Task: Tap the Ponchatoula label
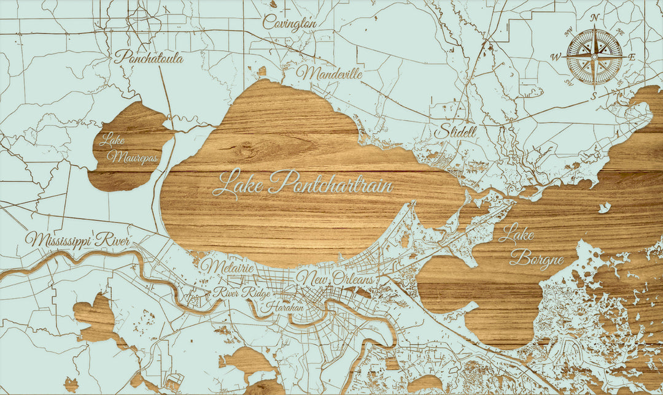click(x=149, y=58)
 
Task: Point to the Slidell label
click(x=456, y=132)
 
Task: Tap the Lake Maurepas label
click(x=125, y=150)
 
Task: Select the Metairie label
click(x=228, y=267)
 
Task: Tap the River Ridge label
click(x=241, y=293)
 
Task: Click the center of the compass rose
click(x=594, y=56)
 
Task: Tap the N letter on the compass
click(x=594, y=18)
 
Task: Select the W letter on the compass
click(x=556, y=57)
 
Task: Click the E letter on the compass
click(x=632, y=57)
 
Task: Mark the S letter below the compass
click(x=594, y=95)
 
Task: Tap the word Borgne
click(x=537, y=259)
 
